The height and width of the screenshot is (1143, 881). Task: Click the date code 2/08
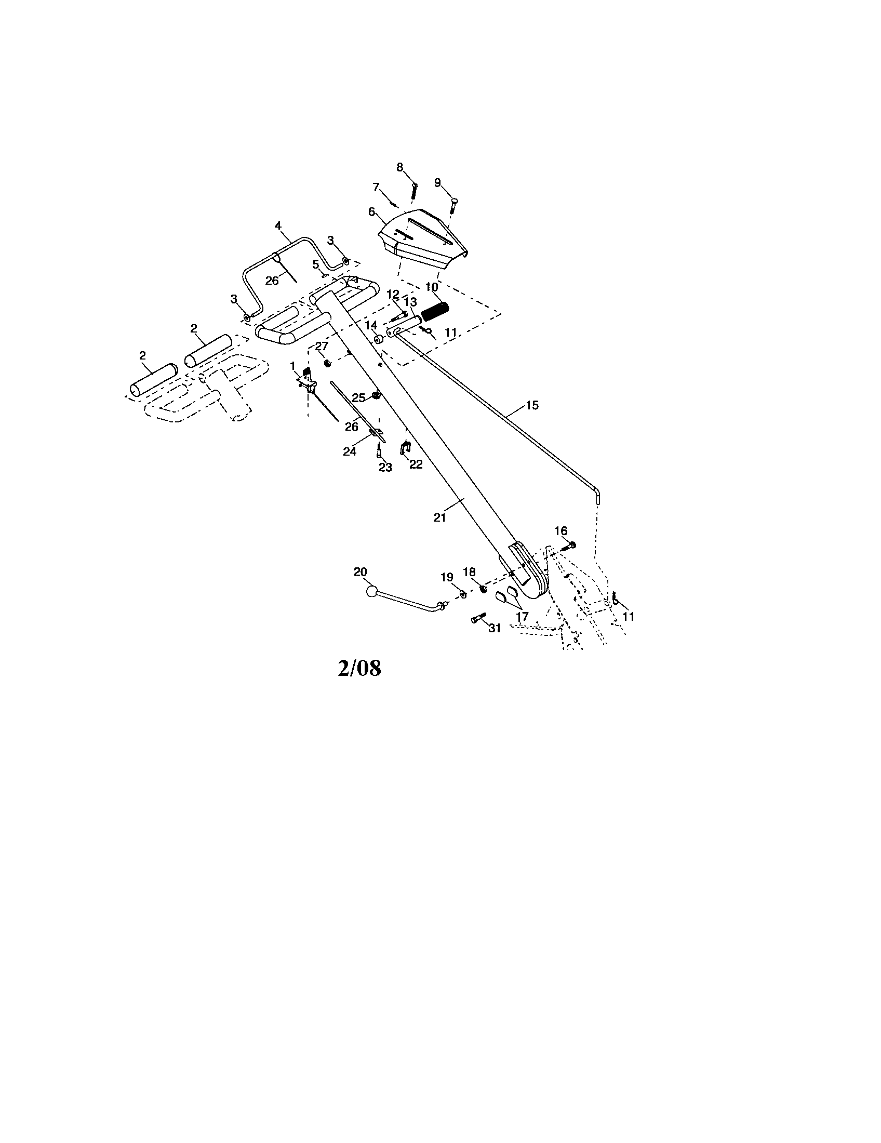point(359,668)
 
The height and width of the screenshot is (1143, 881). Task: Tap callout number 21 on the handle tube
point(439,517)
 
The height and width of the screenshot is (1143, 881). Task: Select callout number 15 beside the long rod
point(532,405)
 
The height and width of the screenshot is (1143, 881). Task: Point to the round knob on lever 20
point(371,592)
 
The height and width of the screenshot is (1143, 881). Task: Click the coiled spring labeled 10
point(435,312)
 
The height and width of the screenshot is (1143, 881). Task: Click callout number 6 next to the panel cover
point(372,211)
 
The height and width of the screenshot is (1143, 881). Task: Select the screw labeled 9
point(452,206)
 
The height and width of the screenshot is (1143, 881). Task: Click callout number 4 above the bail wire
point(278,225)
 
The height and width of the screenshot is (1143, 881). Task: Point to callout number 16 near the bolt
point(561,531)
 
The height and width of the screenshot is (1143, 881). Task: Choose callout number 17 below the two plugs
point(522,617)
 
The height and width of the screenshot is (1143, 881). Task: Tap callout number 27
point(321,346)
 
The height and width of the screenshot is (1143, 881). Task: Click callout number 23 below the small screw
point(385,468)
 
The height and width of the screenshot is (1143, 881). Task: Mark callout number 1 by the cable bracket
point(292,365)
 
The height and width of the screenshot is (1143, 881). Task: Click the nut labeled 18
point(484,590)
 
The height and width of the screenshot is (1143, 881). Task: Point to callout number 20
point(361,573)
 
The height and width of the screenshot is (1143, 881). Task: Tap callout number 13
point(411,302)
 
